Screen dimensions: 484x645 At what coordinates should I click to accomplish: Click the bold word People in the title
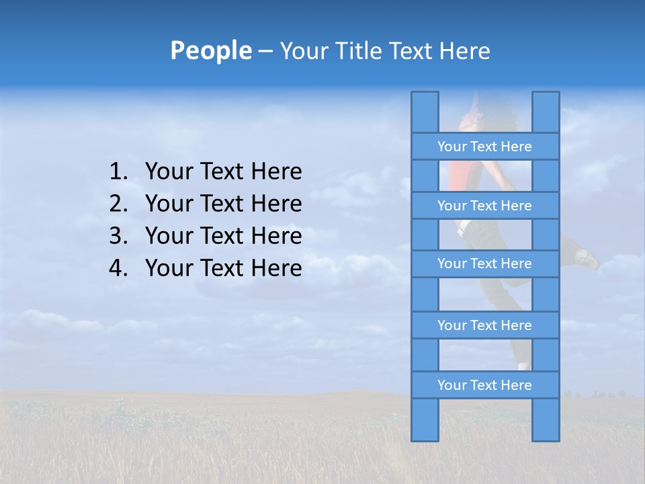pos(210,50)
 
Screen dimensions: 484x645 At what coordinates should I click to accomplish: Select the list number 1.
pos(118,172)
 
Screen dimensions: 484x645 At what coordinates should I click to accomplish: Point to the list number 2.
pos(118,204)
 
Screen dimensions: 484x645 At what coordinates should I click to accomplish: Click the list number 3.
pos(118,237)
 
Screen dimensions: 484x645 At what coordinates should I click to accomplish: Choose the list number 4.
pos(118,269)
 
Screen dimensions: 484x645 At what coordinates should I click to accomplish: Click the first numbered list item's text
pos(223,172)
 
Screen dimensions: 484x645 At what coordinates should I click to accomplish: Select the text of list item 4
pos(223,269)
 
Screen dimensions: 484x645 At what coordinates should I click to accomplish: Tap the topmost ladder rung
pos(484,147)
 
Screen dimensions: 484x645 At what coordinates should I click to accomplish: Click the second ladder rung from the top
pos(484,206)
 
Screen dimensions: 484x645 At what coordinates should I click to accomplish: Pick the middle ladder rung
pos(484,264)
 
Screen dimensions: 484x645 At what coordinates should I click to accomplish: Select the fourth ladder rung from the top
pos(484,325)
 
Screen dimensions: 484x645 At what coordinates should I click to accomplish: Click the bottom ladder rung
pos(484,385)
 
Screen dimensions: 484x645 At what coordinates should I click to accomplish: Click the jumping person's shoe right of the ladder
pos(587,258)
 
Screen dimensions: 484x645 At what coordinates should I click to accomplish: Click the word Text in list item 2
pos(223,204)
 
